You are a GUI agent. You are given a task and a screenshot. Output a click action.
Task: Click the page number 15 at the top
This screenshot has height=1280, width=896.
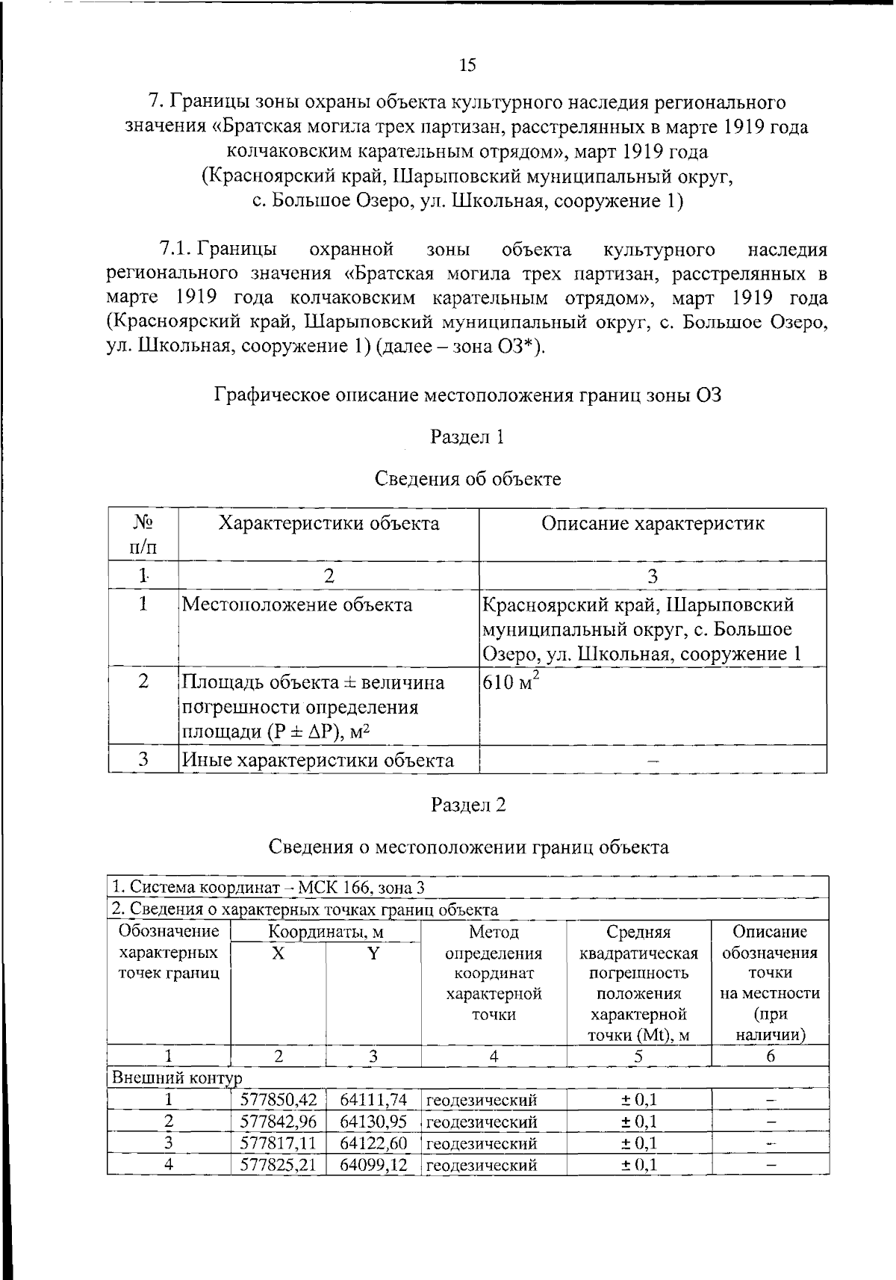tap(467, 65)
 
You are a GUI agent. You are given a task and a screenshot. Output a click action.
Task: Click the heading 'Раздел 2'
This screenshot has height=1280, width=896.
tap(468, 805)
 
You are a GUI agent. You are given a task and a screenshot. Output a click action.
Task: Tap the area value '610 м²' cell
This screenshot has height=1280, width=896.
tap(511, 682)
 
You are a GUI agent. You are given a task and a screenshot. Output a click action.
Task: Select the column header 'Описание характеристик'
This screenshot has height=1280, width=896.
tap(652, 524)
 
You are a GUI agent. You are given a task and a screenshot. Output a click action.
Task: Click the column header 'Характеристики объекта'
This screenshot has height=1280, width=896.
tap(329, 524)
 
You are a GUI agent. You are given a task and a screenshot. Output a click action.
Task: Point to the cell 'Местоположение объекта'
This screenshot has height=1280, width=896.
tap(297, 605)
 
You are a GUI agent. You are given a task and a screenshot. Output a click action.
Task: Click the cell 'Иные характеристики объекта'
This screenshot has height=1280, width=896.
tap(318, 761)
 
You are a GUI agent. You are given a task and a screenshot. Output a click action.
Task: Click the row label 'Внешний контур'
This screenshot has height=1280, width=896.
tap(177, 1078)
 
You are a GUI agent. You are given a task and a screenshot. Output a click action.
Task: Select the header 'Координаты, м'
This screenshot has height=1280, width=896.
tap(326, 933)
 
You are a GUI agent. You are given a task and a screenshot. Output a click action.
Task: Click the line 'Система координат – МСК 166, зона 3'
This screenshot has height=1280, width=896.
tap(269, 888)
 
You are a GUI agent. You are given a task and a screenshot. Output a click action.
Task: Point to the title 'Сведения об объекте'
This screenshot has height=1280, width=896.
tap(467, 479)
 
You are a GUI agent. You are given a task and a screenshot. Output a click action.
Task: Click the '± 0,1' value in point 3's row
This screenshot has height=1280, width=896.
tap(639, 1143)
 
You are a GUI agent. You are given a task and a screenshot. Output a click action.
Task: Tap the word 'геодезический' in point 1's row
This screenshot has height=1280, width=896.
tap(482, 1100)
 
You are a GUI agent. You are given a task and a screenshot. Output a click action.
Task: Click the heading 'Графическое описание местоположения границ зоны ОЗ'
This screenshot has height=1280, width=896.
tap(467, 395)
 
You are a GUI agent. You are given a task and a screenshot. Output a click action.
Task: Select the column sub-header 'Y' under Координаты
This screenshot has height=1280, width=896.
tap(373, 953)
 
